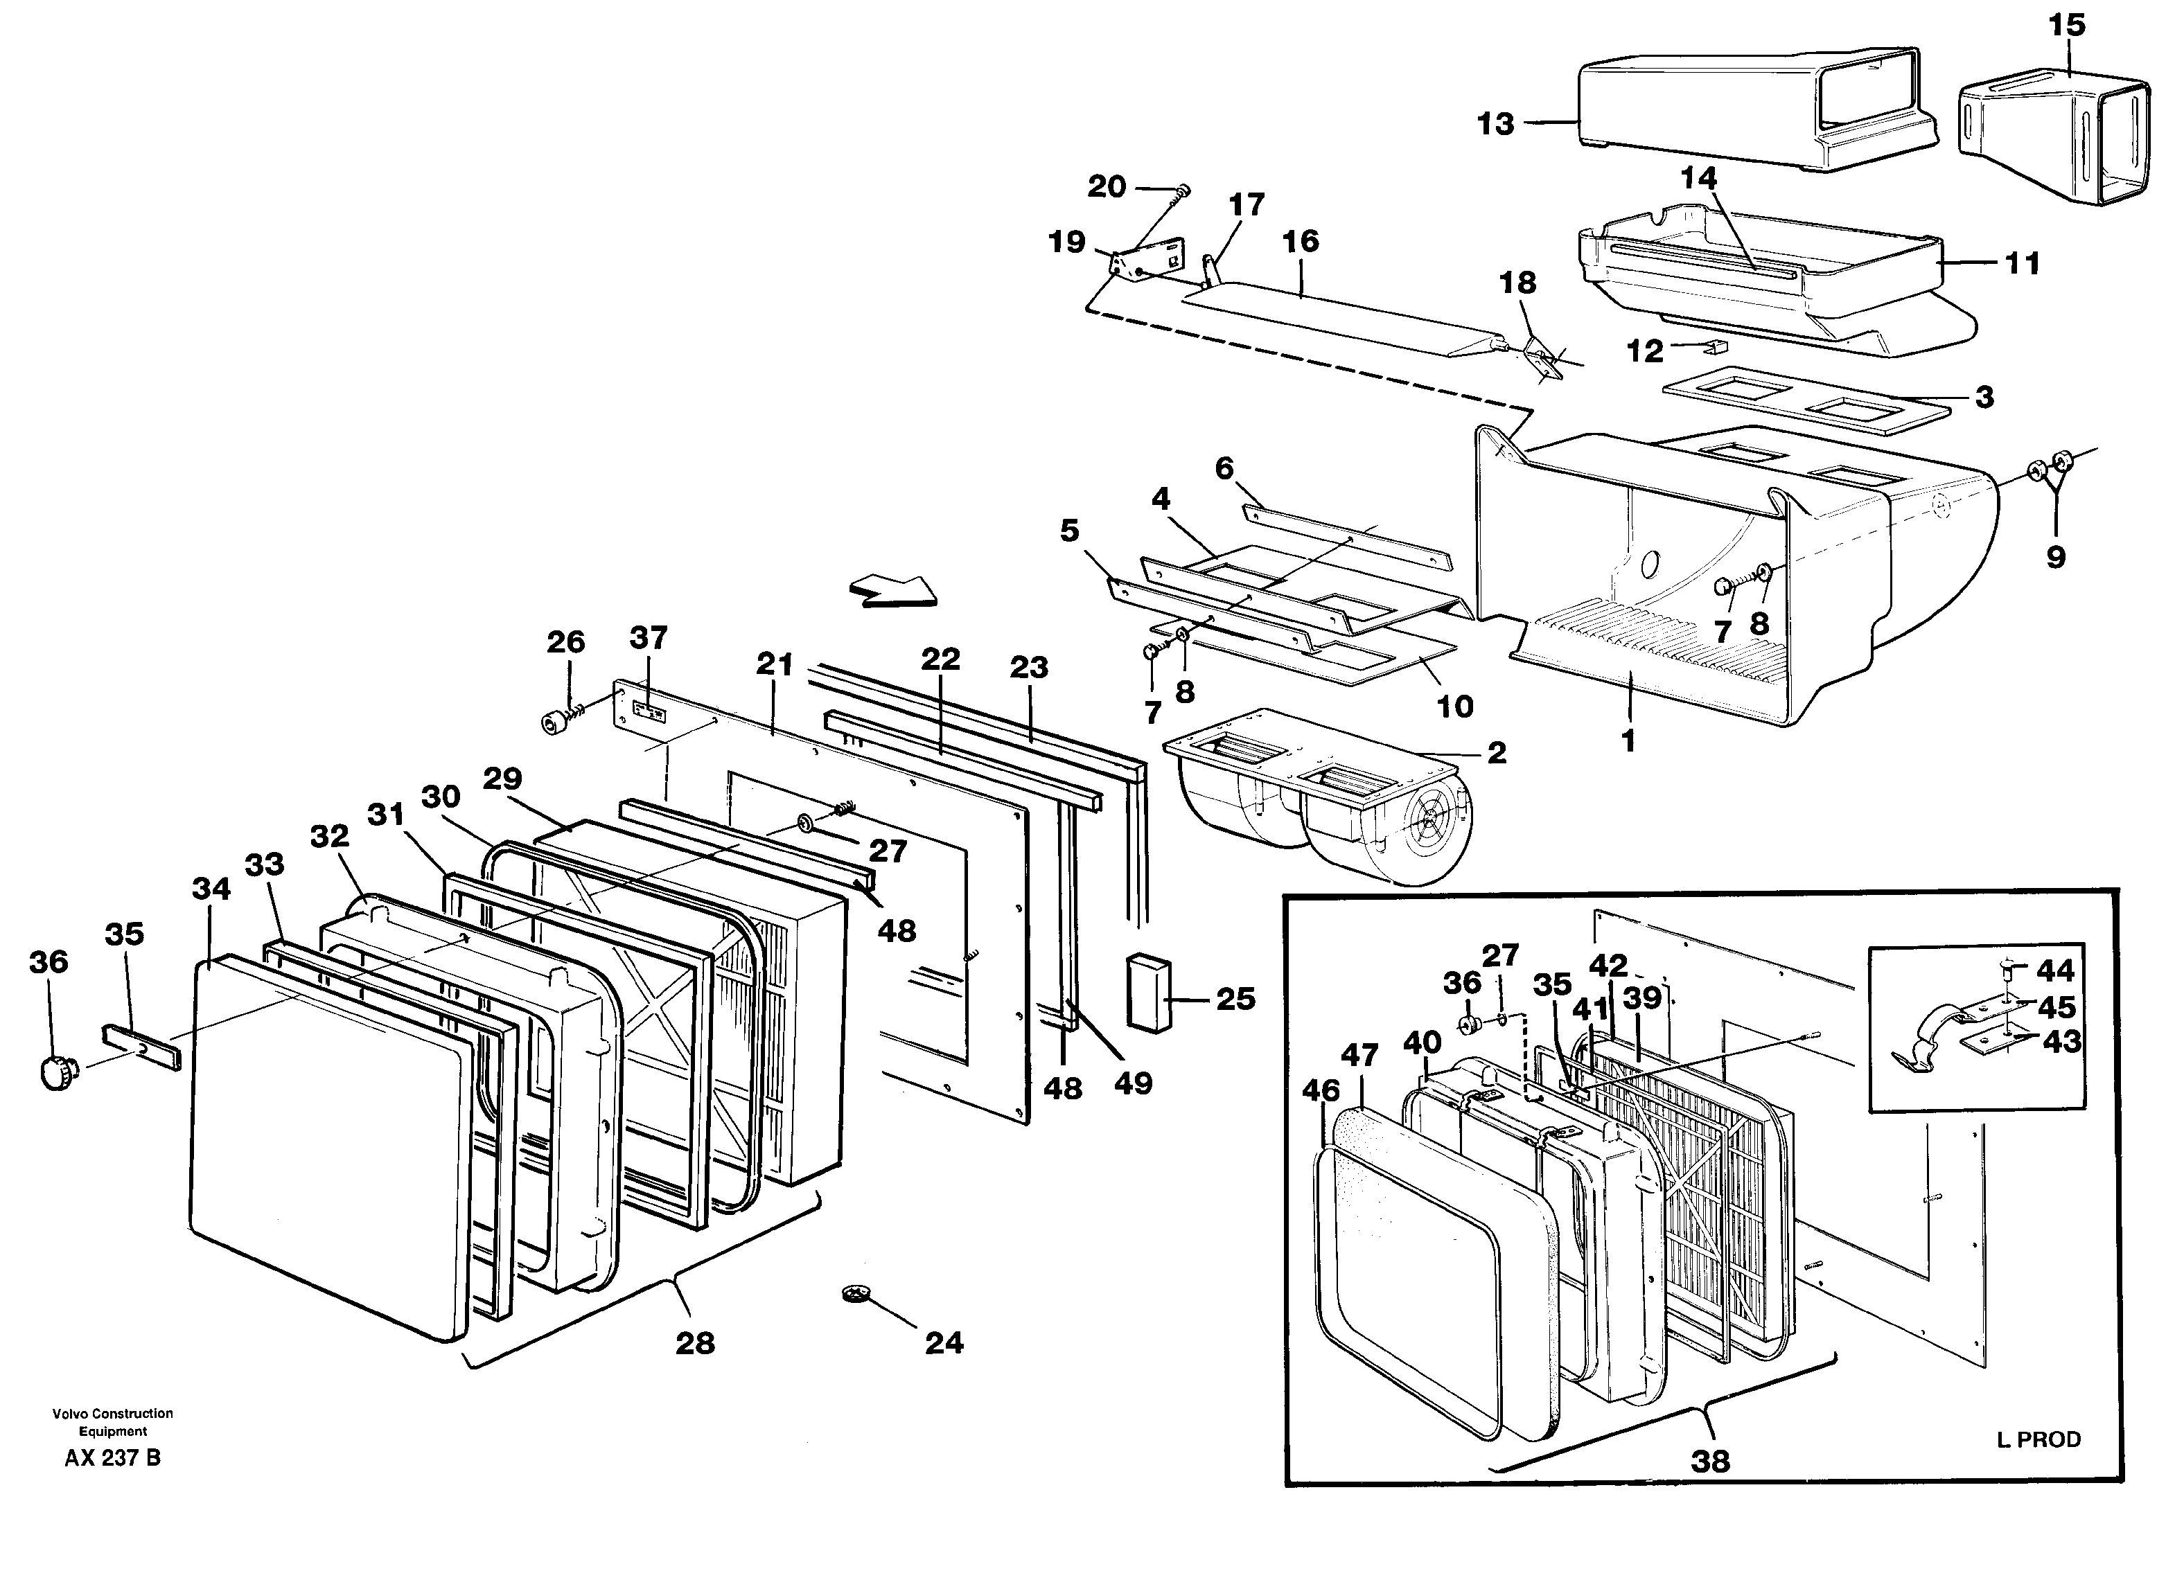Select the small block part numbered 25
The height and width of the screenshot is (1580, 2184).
pyautogui.click(x=1149, y=993)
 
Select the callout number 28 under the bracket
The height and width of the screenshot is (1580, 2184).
pyautogui.click(x=695, y=1343)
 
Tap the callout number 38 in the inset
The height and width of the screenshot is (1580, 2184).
pyautogui.click(x=1710, y=1462)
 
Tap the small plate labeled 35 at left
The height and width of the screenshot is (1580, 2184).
pyautogui.click(x=141, y=1047)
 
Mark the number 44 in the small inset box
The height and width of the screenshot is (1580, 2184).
pyautogui.click(x=2056, y=970)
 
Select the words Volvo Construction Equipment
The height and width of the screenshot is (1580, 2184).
pyautogui.click(x=113, y=1422)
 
